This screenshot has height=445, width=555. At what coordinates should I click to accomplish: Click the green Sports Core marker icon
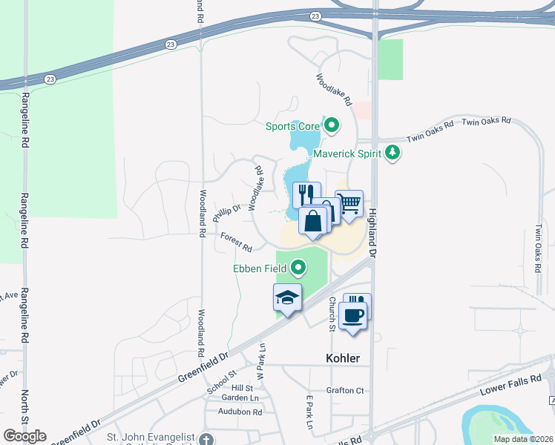331,126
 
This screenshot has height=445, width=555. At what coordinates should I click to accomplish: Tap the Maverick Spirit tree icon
393,154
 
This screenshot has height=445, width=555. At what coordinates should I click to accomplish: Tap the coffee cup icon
352,314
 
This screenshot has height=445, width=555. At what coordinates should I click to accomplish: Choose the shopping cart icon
349,202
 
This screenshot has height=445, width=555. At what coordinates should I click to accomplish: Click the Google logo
24,435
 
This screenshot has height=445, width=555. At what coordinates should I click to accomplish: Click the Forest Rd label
236,241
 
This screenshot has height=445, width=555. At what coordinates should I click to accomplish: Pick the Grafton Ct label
345,390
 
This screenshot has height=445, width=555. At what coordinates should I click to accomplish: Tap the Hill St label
242,388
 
